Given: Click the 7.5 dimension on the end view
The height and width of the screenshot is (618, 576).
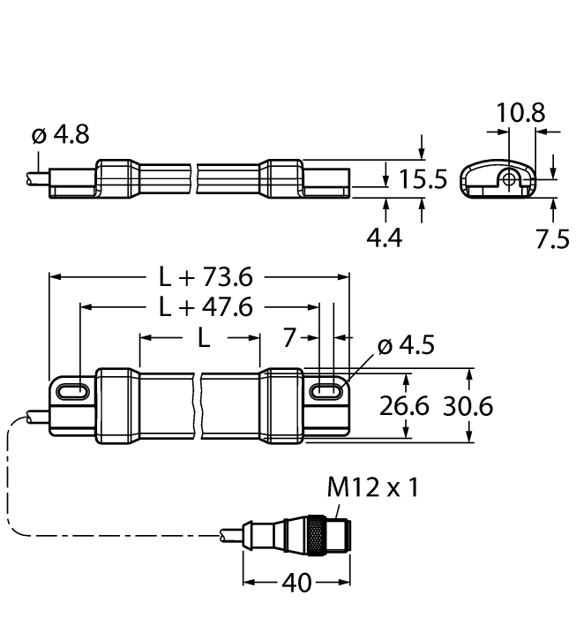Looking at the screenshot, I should tap(553, 239).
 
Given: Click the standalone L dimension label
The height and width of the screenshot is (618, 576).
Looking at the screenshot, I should tap(202, 338).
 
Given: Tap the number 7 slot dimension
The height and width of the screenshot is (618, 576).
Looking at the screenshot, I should tap(288, 338).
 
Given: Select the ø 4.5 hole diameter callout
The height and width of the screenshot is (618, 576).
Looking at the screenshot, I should tap(407, 346).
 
